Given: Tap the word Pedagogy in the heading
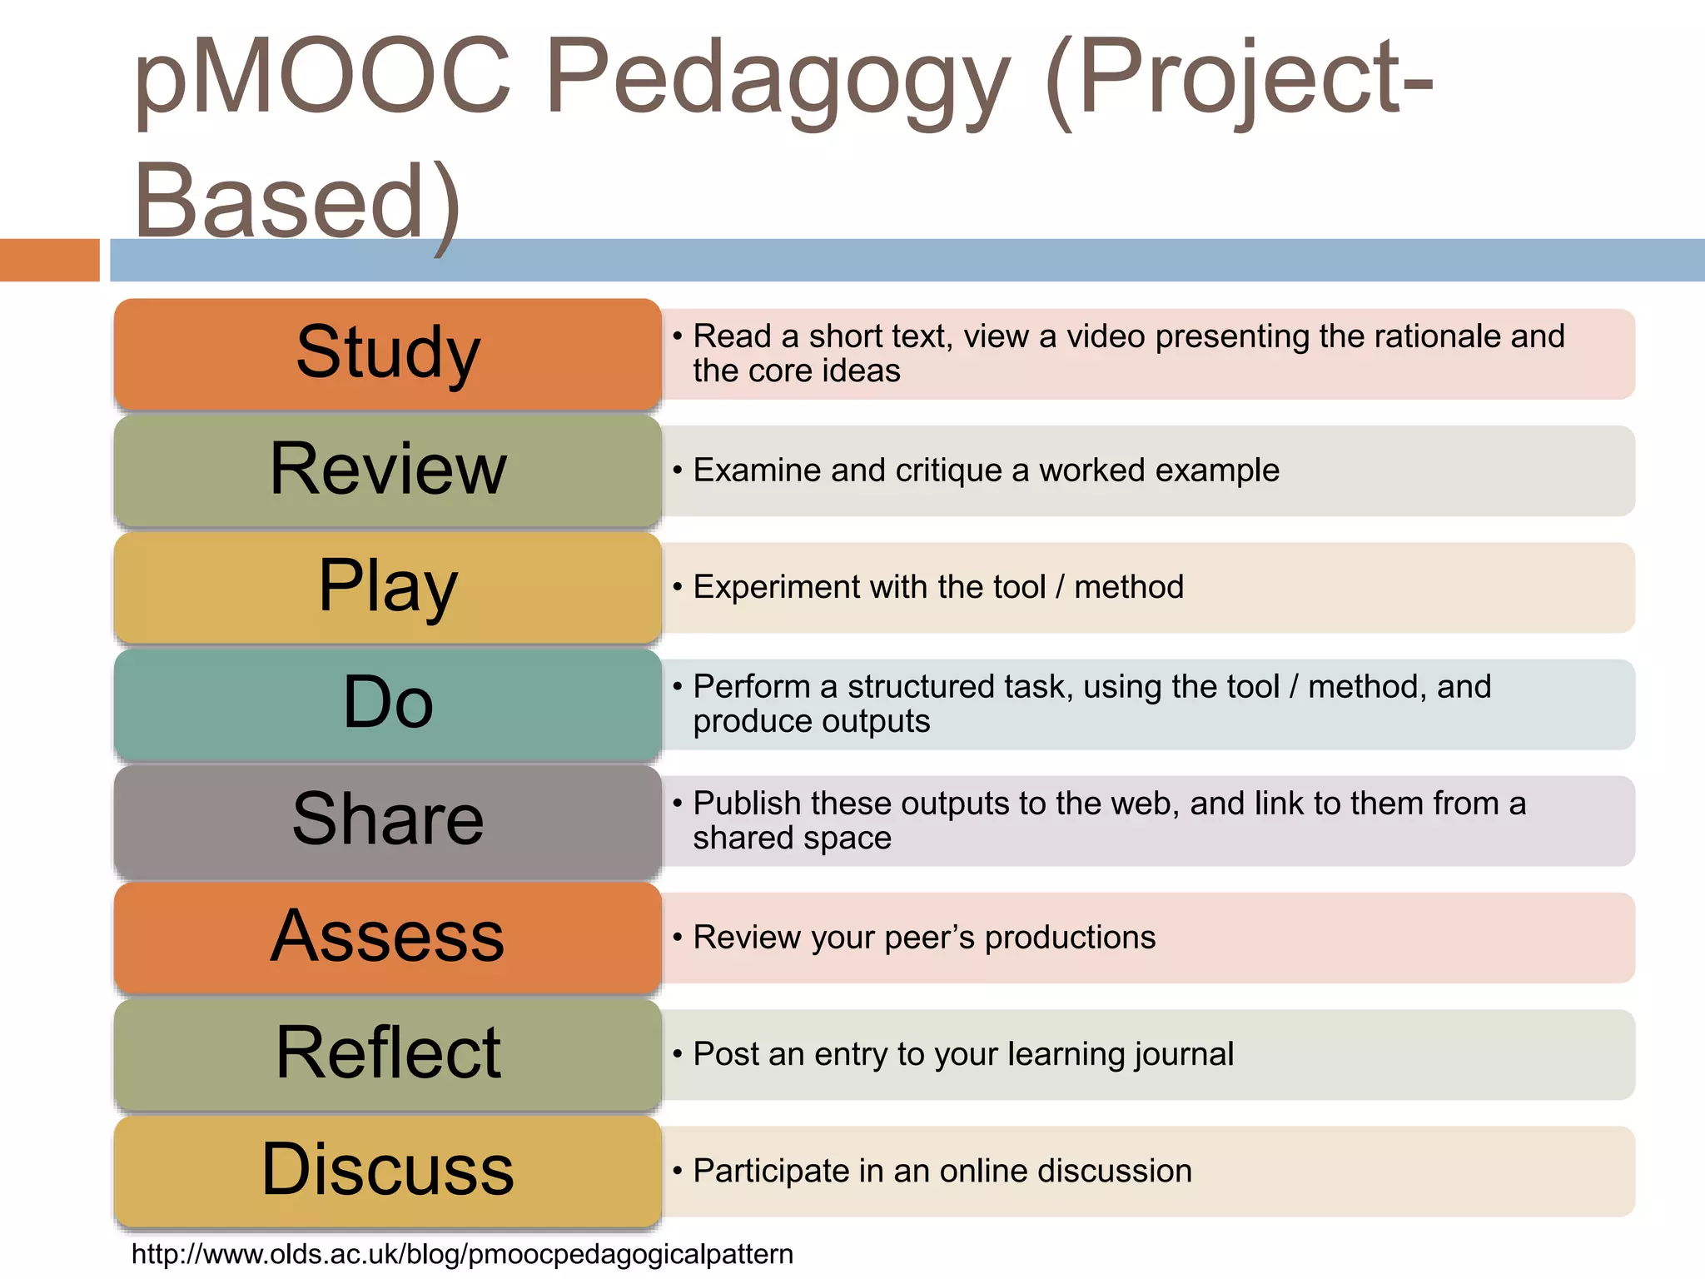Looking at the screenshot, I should point(778,80).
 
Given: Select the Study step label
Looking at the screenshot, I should point(388,353).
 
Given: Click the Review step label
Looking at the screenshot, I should point(388,470).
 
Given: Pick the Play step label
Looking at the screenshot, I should point(388,586).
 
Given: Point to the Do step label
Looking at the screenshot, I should point(388,703).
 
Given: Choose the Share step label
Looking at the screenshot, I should point(388,819).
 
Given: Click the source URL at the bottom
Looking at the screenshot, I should point(462,1254).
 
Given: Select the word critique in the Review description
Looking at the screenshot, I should point(948,470).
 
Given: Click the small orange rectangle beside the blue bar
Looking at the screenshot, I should point(49,260).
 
